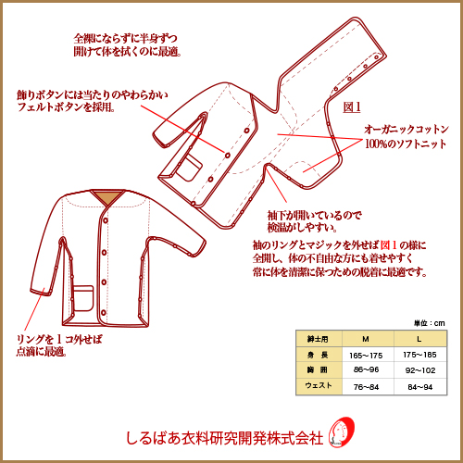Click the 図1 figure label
click(352, 107)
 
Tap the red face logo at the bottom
click(342, 432)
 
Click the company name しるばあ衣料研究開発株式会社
click(225, 438)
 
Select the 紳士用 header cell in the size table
click(319, 339)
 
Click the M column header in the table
click(366, 339)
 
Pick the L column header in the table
click(419, 339)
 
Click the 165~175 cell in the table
click(366, 356)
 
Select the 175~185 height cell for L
click(419, 355)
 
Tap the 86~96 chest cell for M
click(366, 369)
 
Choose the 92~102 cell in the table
click(420, 370)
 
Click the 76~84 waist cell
click(366, 387)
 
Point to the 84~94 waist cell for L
click(420, 387)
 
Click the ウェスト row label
click(319, 385)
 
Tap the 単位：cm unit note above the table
click(430, 323)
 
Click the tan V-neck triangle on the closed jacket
click(108, 197)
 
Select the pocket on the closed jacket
click(82, 298)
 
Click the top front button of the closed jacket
click(106, 220)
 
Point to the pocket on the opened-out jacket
click(189, 168)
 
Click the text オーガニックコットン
click(406, 129)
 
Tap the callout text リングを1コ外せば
click(59, 340)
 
